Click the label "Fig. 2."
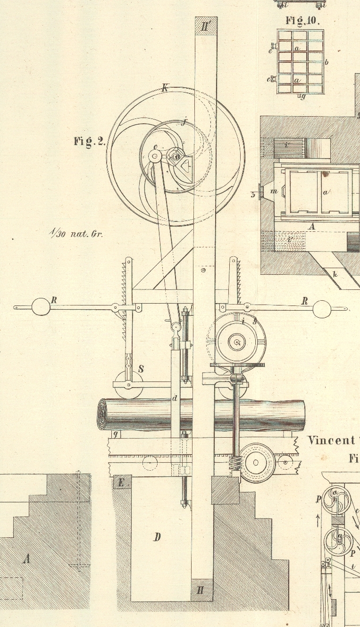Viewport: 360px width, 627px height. coord(89,141)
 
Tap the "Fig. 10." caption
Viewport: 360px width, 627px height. coord(302,21)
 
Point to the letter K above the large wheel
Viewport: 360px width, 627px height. coord(165,87)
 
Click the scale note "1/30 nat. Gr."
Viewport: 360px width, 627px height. coord(75,233)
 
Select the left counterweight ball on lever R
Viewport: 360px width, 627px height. coord(41,306)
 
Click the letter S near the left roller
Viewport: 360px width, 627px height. coord(141,369)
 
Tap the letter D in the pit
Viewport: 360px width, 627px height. coord(158,537)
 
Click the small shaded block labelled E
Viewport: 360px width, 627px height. coord(121,483)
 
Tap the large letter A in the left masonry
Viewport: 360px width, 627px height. coord(27,559)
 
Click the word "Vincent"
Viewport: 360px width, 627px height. coord(331,441)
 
